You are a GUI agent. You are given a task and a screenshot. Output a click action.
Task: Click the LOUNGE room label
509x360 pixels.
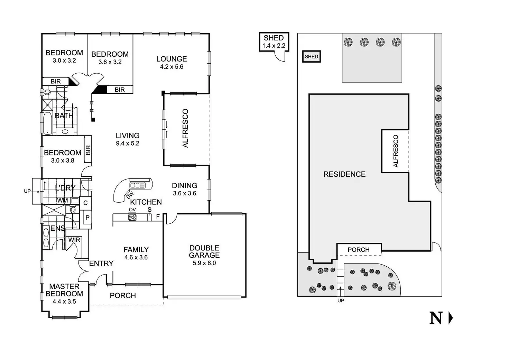click(172, 59)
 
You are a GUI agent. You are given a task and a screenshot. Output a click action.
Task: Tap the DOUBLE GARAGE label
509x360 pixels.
click(204, 252)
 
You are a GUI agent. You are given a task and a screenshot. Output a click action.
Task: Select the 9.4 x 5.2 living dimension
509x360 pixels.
click(128, 144)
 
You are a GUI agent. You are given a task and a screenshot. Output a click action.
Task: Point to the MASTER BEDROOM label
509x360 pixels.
click(64, 290)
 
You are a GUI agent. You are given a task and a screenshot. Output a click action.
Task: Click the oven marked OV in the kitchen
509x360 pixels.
click(132, 217)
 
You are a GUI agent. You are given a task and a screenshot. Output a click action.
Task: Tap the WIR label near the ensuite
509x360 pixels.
click(74, 240)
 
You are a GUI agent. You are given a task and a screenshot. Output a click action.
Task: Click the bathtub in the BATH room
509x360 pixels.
click(47, 123)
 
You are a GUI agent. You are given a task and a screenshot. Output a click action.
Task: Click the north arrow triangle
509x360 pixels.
click(451, 318)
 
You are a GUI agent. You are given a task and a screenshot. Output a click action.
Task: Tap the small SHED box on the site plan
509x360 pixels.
click(311, 57)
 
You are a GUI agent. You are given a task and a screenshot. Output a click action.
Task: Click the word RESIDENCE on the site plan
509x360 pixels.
click(344, 174)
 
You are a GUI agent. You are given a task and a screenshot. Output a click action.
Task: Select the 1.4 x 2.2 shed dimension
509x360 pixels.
click(274, 45)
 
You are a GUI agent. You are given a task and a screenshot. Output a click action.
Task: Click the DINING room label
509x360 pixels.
click(185, 186)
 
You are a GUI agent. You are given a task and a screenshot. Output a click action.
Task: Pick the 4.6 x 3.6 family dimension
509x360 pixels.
click(136, 257)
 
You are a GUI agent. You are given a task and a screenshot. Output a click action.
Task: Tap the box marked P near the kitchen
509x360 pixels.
click(87, 218)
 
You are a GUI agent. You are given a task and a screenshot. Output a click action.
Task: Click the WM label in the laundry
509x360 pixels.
click(63, 201)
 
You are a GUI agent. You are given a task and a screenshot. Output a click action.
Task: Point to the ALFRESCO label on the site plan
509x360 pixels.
click(396, 151)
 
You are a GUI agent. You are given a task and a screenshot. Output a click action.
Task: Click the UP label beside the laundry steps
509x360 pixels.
click(27, 191)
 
